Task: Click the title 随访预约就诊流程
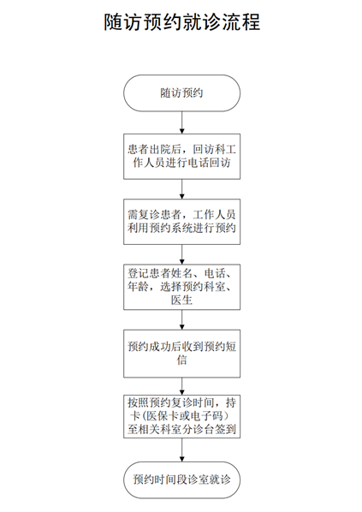click(x=181, y=22)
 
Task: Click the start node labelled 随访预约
click(x=181, y=93)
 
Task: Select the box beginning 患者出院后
click(x=181, y=157)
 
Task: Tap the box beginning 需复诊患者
click(x=181, y=222)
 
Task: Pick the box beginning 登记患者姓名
click(x=181, y=287)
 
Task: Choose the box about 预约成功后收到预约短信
click(x=181, y=354)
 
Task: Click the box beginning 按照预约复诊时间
click(x=181, y=416)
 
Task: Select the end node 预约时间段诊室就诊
click(x=181, y=479)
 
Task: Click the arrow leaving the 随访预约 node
click(x=181, y=122)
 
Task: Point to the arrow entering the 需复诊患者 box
click(x=181, y=189)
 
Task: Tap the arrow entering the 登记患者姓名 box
click(x=181, y=254)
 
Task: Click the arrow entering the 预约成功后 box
click(x=181, y=319)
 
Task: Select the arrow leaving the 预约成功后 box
click(x=181, y=386)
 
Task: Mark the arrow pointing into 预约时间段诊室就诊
click(x=181, y=449)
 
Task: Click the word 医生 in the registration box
click(x=181, y=300)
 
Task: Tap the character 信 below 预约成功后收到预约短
click(x=181, y=360)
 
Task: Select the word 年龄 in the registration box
click(x=138, y=287)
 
